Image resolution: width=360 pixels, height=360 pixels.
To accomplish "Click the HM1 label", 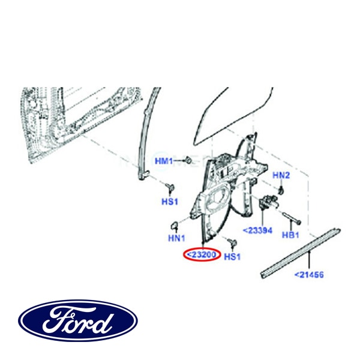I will pos(164,161).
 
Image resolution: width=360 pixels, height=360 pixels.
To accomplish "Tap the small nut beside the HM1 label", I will pos(188,160).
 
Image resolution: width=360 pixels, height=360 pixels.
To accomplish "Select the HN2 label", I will pos(281,175).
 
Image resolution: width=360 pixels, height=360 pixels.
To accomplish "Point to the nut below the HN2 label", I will pos(281,190).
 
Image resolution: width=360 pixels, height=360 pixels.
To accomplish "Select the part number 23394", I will pos(256,230).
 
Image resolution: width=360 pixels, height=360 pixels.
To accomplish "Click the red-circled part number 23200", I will pos(200,255).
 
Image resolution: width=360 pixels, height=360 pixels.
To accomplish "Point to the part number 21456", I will pos(308,275).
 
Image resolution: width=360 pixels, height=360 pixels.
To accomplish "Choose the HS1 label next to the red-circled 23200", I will pos(232,257).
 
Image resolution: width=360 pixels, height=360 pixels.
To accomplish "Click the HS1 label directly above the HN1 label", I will pos(170,201).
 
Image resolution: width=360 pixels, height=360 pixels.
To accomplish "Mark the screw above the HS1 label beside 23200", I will pos(233,242).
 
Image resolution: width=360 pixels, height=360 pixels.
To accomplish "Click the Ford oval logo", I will pos(78,320).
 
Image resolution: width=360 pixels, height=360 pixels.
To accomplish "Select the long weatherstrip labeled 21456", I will pos(300,252).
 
